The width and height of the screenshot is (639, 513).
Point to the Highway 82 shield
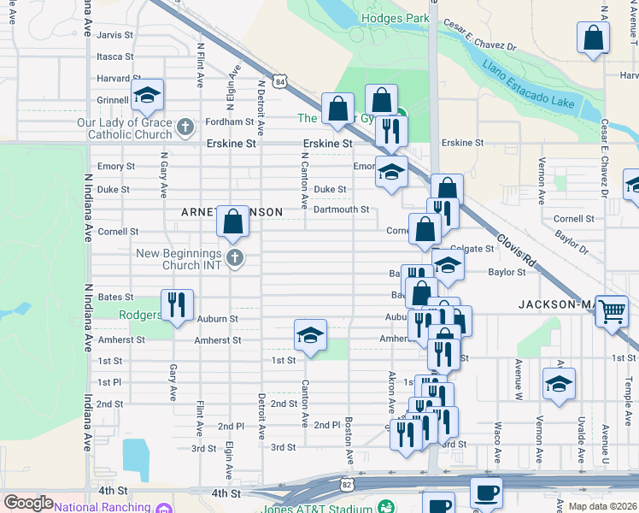click(347, 484)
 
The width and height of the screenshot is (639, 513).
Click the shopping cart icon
click(612, 312)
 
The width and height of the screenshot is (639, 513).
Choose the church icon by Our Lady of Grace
click(185, 129)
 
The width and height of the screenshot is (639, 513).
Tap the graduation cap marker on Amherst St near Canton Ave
click(310, 335)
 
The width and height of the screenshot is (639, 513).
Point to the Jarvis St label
click(115, 35)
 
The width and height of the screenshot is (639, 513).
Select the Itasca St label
click(115, 56)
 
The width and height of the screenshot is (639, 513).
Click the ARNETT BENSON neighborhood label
click(231, 211)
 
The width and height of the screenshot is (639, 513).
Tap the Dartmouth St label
click(341, 209)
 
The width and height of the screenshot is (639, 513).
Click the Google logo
click(28, 503)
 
